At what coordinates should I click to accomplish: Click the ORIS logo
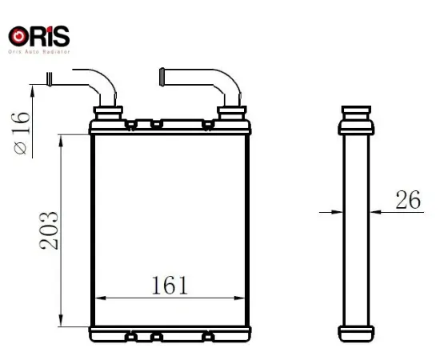pyautogui.click(x=38, y=36)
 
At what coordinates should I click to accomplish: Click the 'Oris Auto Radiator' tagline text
pyautogui.click(x=38, y=51)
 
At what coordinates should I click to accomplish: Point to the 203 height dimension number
pyautogui.click(x=49, y=230)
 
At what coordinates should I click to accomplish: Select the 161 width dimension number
pyautogui.click(x=169, y=284)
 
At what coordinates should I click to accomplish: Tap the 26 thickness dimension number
pyautogui.click(x=408, y=200)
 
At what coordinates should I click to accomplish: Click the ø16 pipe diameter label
pyautogui.click(x=22, y=132)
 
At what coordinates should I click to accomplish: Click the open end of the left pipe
pyautogui.click(x=50, y=79)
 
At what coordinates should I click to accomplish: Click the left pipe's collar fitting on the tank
pyautogui.click(x=107, y=112)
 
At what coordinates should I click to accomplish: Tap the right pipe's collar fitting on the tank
pyautogui.click(x=231, y=112)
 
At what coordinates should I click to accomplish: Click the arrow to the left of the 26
pyautogui.click(x=336, y=211)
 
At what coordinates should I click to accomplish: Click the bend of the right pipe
pyautogui.click(x=227, y=81)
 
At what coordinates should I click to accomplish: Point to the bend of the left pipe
pyautogui.click(x=104, y=80)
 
